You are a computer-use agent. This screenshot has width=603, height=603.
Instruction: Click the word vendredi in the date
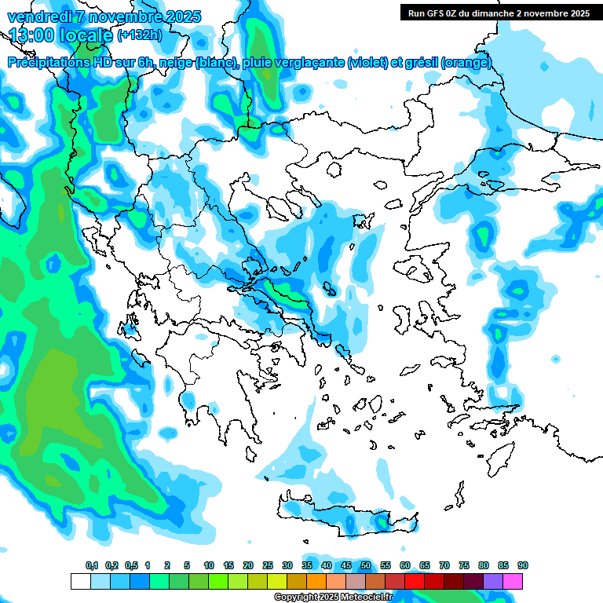coord(38,16)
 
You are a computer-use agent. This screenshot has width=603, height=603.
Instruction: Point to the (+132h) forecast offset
coord(140,35)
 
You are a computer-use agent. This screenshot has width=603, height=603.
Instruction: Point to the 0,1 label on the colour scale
coord(91,565)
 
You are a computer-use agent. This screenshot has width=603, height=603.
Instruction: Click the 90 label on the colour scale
coord(523,565)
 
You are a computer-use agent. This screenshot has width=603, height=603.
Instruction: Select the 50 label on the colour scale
coord(366,565)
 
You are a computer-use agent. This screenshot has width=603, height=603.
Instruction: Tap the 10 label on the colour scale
coord(209,565)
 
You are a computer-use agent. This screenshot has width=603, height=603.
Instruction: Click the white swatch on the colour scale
coord(80,581)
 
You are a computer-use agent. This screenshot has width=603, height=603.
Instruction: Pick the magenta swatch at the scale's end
coord(513,581)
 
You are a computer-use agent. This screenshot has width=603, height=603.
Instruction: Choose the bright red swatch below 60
coord(415,581)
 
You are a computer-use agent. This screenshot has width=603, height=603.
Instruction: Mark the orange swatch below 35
coord(316,581)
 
